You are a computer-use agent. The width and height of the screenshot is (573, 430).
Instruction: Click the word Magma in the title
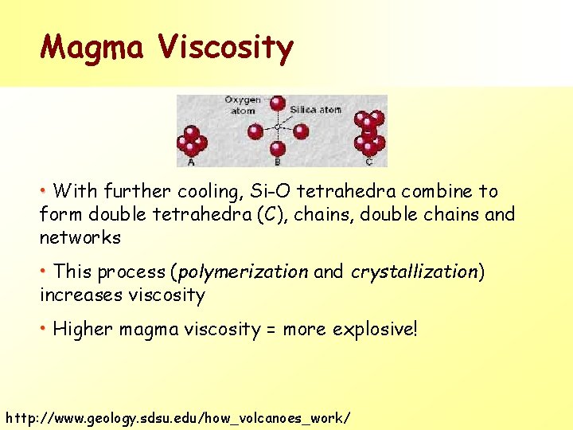(x=93, y=48)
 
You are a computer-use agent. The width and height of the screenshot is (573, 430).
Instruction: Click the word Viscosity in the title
(x=225, y=48)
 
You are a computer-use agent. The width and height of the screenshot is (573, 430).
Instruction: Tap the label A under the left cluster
(x=191, y=162)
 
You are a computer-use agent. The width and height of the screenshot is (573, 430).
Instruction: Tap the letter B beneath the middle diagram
(x=277, y=162)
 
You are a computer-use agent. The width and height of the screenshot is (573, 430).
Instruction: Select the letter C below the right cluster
(x=368, y=162)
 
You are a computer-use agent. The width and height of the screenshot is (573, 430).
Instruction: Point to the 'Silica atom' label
(x=315, y=110)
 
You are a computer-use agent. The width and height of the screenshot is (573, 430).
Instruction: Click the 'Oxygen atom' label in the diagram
(x=243, y=105)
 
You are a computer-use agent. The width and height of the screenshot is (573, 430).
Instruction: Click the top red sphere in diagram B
(x=277, y=104)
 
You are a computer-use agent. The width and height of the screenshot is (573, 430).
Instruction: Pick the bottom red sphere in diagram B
(x=277, y=148)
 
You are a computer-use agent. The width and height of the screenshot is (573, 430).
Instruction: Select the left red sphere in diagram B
(x=254, y=131)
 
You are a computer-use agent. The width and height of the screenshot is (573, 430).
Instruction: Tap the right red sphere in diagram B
(x=301, y=131)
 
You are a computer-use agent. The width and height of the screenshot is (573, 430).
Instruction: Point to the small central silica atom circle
(x=277, y=127)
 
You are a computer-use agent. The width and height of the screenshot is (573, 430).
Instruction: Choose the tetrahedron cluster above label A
(x=192, y=141)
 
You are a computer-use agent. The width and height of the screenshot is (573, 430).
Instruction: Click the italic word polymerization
(x=243, y=272)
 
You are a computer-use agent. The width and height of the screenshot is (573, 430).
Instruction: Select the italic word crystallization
(x=414, y=272)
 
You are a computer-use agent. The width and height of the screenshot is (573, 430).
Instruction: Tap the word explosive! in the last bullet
(x=375, y=329)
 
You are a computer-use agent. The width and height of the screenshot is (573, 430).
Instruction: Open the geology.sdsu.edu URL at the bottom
(x=177, y=417)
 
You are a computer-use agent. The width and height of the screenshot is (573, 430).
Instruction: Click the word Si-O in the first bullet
(x=288, y=191)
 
